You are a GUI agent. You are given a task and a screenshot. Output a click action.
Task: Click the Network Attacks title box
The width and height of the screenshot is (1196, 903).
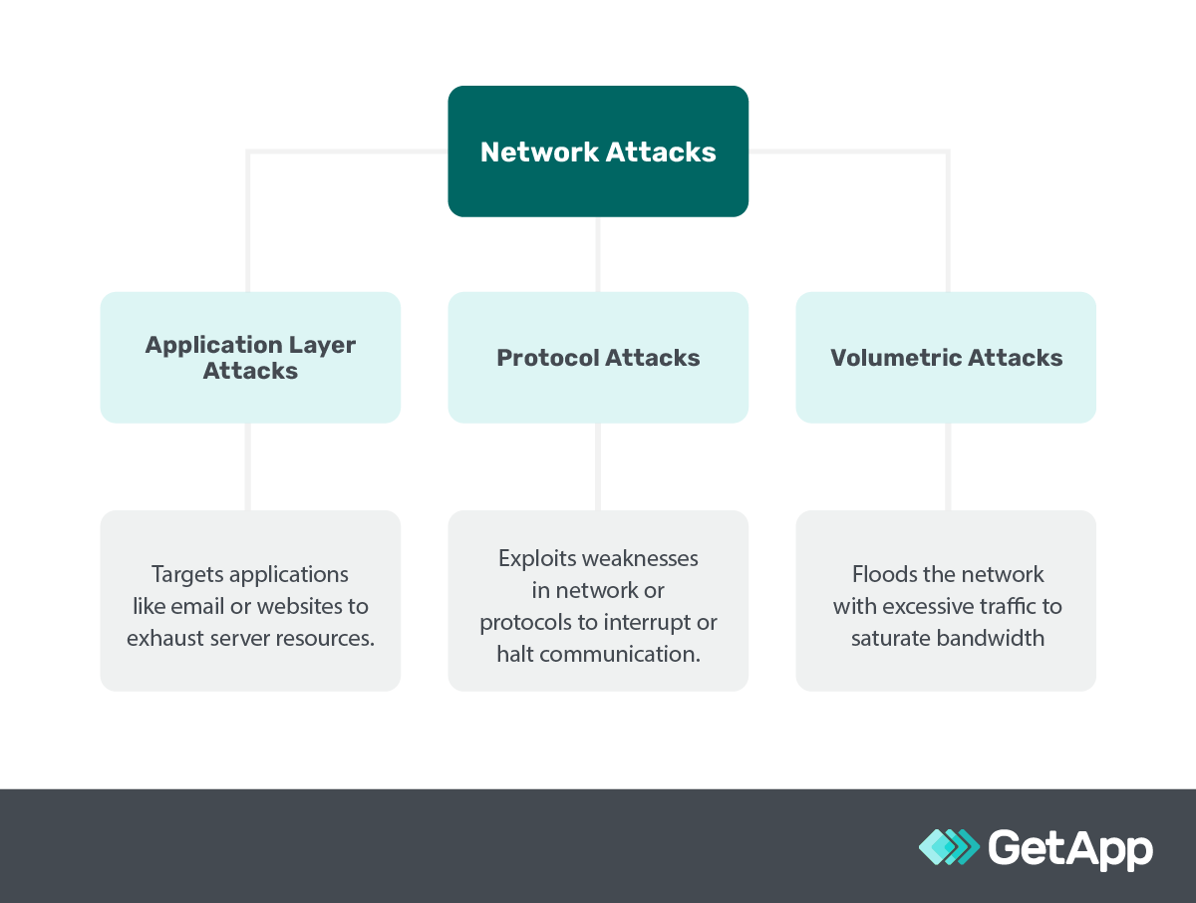(x=598, y=151)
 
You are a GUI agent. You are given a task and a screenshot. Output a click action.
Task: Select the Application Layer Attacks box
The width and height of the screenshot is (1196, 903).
(x=250, y=357)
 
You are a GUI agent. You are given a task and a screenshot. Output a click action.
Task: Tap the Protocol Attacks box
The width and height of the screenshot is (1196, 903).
(x=598, y=358)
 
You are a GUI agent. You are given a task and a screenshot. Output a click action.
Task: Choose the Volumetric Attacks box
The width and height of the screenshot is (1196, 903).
(x=946, y=358)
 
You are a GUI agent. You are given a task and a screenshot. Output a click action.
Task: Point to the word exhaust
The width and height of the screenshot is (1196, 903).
(x=165, y=638)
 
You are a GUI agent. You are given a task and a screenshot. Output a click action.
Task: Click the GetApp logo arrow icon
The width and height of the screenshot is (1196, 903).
(x=949, y=847)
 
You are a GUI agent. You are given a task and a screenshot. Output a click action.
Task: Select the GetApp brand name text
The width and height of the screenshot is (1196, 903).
(x=1070, y=848)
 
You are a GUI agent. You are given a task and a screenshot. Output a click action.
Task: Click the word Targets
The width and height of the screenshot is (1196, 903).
(x=188, y=574)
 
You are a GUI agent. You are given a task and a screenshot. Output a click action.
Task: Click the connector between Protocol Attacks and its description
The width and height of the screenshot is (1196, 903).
(x=598, y=466)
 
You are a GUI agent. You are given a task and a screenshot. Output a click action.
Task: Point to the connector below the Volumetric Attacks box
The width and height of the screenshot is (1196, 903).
(x=947, y=466)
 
